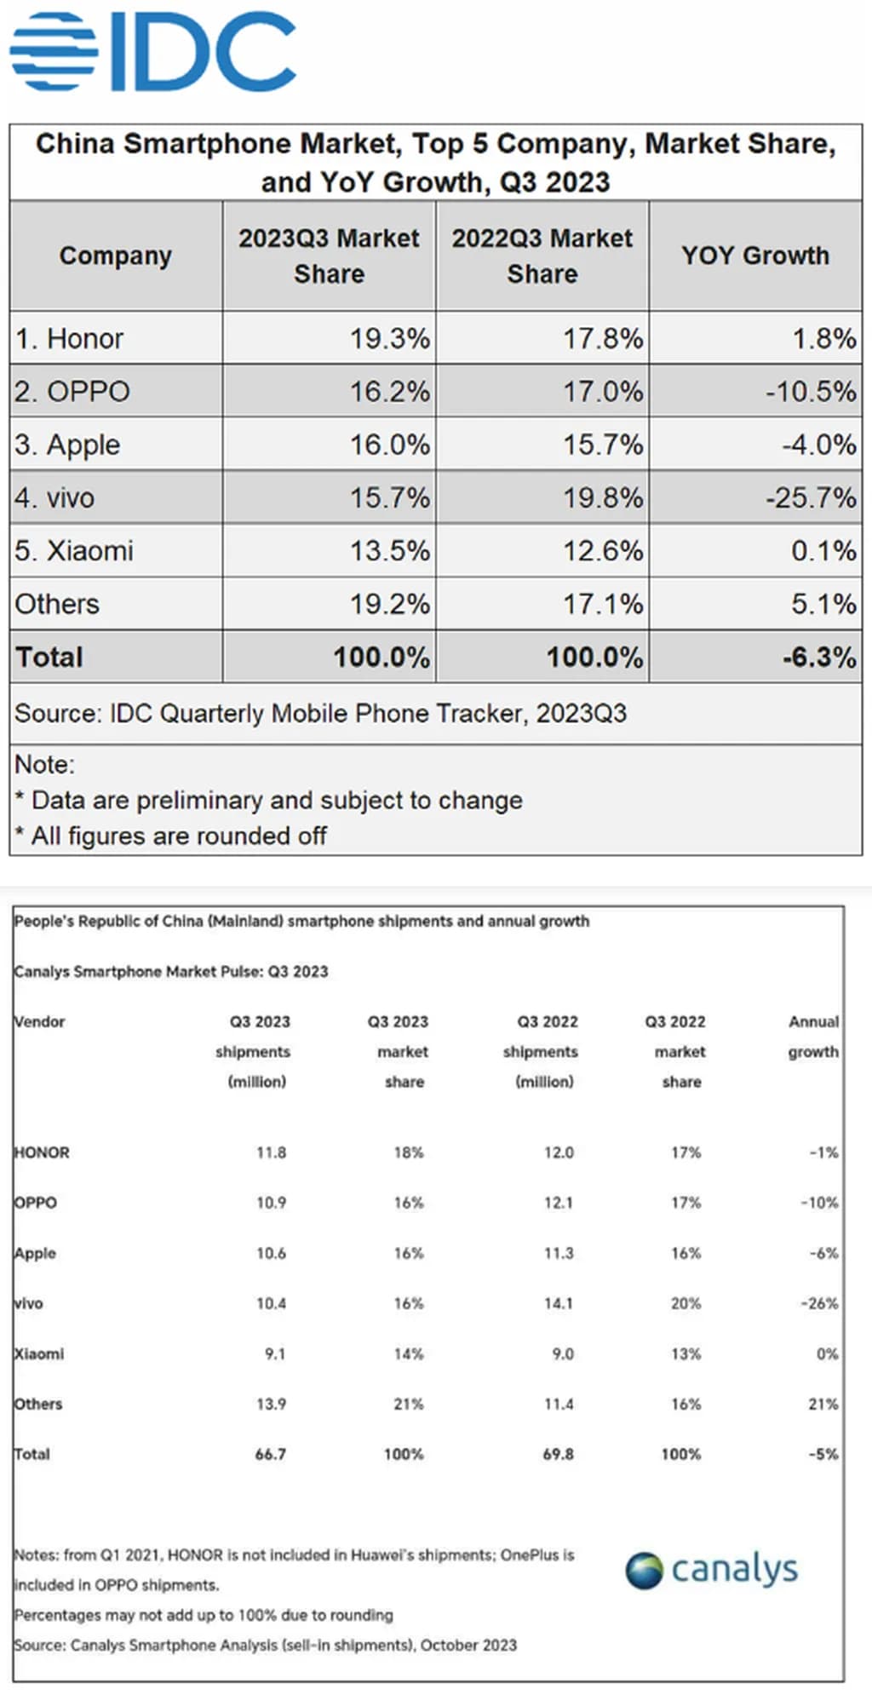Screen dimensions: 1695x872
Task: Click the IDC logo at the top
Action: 153,51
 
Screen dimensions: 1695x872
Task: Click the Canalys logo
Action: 712,1570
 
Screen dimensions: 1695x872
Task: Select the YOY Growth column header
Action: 754,256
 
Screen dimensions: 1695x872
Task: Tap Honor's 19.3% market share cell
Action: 389,339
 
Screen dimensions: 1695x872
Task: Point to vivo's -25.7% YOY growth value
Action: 810,497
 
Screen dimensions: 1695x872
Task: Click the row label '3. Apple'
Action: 67,445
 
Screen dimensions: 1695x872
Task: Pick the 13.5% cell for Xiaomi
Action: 389,550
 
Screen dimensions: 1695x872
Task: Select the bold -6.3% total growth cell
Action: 818,657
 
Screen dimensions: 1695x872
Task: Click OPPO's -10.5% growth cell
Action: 810,392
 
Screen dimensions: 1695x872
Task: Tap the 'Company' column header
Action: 116,256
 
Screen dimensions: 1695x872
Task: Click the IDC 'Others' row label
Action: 57,604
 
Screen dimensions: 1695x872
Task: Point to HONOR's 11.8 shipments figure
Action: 271,1152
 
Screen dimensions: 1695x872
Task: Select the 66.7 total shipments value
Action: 270,1454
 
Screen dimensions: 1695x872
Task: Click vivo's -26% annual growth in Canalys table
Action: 819,1303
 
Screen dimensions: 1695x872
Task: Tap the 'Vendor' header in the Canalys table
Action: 39,1021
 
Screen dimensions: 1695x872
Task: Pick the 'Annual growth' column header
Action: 813,1036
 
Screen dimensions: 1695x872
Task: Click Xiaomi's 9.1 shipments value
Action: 274,1353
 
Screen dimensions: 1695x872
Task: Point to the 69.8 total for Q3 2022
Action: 558,1454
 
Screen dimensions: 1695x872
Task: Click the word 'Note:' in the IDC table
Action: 45,765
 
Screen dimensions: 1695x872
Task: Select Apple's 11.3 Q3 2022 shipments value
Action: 559,1253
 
